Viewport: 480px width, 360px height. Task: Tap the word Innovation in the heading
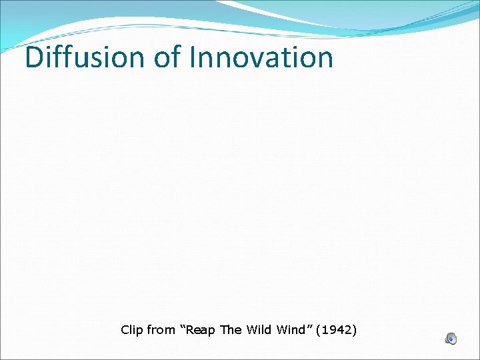point(261,57)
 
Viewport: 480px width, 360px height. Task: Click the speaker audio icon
point(451,339)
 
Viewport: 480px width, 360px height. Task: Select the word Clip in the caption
point(131,329)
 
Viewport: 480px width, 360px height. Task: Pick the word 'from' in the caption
point(161,329)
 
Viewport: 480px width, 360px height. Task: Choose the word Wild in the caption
point(259,329)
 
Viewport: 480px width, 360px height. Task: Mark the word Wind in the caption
point(289,329)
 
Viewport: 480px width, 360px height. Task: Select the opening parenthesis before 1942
point(319,329)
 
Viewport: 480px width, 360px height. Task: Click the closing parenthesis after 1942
point(355,329)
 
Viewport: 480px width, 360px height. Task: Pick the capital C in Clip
point(125,329)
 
